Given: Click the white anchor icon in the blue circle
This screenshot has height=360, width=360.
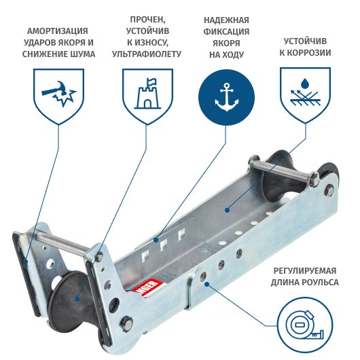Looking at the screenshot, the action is tap(226, 97).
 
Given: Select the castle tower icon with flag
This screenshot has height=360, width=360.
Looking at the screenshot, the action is tap(147, 93).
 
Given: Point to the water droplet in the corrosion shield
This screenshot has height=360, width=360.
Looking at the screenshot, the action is tap(305, 84).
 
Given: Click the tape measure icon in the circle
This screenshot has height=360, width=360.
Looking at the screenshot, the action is tap(305, 325).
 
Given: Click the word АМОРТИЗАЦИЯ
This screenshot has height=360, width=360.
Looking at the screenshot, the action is tap(58, 31).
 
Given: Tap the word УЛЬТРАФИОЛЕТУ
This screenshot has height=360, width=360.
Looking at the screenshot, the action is tap(147, 54).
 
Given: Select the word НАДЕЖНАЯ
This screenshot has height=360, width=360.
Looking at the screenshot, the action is tap(226, 20).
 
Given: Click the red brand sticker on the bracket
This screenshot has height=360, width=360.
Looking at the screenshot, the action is tap(147, 288).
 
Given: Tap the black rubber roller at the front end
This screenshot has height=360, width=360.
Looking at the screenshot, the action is tap(71, 303).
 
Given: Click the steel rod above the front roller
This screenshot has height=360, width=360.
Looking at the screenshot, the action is tap(62, 242).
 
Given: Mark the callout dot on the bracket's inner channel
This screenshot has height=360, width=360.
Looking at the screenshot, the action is tap(227, 210).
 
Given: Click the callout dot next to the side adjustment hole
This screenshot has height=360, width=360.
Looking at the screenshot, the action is tap(206, 284).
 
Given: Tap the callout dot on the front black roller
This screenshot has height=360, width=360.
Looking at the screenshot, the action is tap(77, 299).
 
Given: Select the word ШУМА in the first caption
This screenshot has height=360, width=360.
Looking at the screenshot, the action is tap(84, 54).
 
